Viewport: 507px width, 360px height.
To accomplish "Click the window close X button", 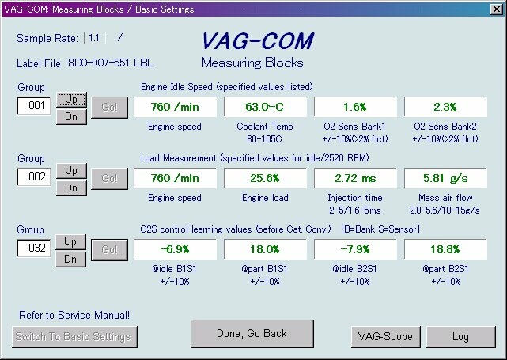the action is tap(497, 9).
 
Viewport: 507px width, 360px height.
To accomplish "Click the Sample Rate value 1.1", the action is tap(94, 38).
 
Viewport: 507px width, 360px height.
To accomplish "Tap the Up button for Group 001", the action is tap(71, 100).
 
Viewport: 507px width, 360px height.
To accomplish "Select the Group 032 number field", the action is tap(34, 248).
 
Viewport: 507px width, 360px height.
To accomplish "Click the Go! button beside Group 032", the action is tap(109, 250).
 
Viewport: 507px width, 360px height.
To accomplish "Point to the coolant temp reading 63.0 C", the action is tap(265, 107).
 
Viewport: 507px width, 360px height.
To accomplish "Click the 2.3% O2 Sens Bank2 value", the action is tap(445, 107).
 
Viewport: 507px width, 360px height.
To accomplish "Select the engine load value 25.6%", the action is tap(265, 178).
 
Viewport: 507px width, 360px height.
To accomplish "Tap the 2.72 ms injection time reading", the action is tap(355, 178).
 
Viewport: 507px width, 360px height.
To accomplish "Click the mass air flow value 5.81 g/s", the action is tap(445, 178).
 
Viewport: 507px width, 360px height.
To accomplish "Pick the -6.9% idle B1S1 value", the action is tap(175, 249).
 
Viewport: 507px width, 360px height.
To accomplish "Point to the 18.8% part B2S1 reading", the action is tap(445, 249).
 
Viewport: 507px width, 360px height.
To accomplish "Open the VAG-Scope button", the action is tap(386, 337).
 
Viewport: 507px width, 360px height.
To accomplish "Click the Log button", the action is tap(461, 337).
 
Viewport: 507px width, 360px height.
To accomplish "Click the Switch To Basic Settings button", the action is tap(74, 337).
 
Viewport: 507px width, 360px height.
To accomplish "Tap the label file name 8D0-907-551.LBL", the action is tap(111, 63).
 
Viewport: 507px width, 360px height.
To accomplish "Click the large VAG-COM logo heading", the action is tap(258, 41).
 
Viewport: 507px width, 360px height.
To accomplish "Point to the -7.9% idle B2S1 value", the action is tap(355, 249).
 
